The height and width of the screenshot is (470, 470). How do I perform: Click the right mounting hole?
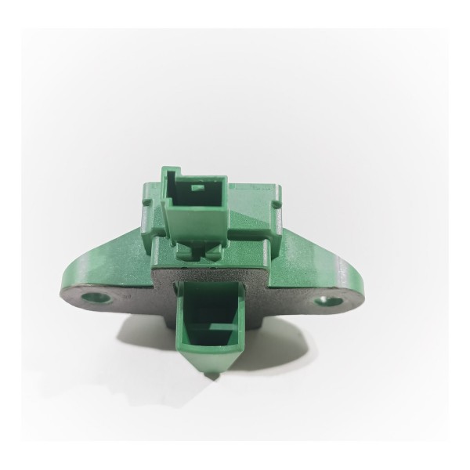tap(324, 301)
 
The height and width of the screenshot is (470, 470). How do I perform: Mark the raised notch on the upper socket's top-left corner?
tap(169, 172)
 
